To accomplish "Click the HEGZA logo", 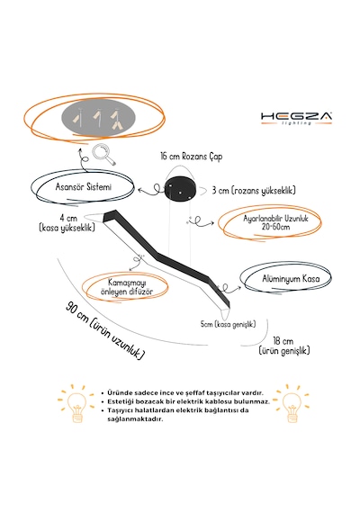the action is click(x=296, y=119).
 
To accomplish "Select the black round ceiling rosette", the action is click(x=180, y=190).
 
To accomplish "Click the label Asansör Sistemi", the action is click(x=84, y=187).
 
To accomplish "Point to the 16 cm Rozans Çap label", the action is click(x=192, y=157).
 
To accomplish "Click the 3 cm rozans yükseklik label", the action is click(x=254, y=190).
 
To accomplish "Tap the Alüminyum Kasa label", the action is click(x=291, y=279).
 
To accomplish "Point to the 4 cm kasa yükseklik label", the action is click(x=67, y=222).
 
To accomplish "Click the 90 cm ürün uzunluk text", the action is click(x=105, y=330).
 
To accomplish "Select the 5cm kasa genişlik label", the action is click(x=228, y=324).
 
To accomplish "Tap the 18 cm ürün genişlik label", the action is click(x=284, y=346).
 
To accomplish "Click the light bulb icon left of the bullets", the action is click(x=76, y=404).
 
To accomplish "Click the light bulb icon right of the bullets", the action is click(x=292, y=404).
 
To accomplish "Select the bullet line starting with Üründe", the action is click(x=185, y=393).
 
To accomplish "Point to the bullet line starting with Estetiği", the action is click(x=188, y=401).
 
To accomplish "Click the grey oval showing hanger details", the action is click(x=98, y=119).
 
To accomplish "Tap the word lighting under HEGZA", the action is click(x=296, y=123).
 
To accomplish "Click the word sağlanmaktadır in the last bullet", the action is click(x=135, y=419).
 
